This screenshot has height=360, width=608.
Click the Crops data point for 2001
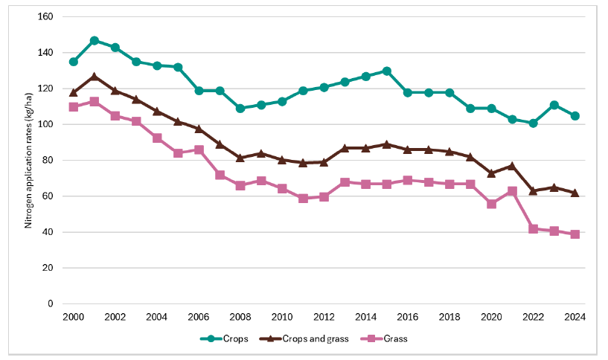pos(95,40)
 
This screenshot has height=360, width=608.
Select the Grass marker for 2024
pos(575,234)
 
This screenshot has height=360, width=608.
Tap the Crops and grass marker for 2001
pos(95,76)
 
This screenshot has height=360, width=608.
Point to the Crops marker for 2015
pos(387,71)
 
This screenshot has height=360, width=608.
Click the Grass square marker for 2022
pos(533,228)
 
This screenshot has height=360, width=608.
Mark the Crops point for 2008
pos(240,108)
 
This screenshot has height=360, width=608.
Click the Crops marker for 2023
pos(554,105)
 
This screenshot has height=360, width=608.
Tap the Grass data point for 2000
pos(74,106)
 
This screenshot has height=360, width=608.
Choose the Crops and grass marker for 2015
pos(387,144)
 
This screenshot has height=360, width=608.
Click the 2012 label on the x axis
pos(324,316)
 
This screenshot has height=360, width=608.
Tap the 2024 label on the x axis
pos(575,316)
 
